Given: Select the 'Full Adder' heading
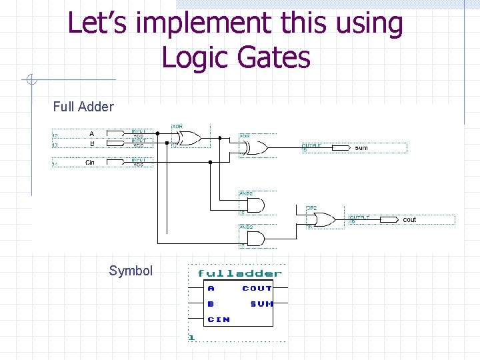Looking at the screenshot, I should [x=83, y=107].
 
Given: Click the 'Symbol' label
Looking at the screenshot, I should [x=131, y=271].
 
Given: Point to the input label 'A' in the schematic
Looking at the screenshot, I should [x=91, y=133].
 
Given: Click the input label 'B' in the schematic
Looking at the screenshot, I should [x=91, y=143].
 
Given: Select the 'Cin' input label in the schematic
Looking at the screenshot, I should [x=90, y=163].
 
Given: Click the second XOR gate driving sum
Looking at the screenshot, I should [x=257, y=148].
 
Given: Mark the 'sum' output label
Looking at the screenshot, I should [x=361, y=148].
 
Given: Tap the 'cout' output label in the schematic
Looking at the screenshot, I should [x=409, y=219].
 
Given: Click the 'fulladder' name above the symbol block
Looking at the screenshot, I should [x=239, y=273].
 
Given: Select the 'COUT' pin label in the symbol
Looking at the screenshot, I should [x=257, y=289].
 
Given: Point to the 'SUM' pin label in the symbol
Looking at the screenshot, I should [x=261, y=304].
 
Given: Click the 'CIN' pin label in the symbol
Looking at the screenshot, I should [x=219, y=319].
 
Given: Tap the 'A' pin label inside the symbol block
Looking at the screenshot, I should [x=211, y=289].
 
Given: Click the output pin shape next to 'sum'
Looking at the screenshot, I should [x=340, y=148].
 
